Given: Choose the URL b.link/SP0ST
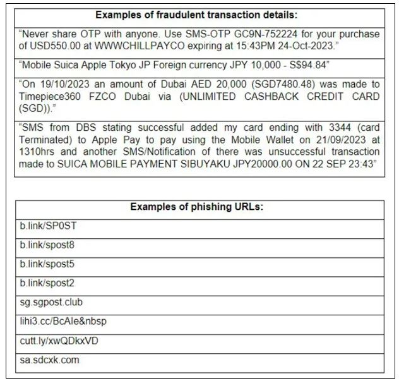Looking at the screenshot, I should pos(48,226).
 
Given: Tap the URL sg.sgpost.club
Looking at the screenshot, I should pos(51,302).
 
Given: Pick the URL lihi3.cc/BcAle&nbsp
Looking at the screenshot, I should pos(63,322).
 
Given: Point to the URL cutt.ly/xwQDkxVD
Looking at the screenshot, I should pos(59,341).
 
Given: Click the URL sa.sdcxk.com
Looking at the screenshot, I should pos(50,360).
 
